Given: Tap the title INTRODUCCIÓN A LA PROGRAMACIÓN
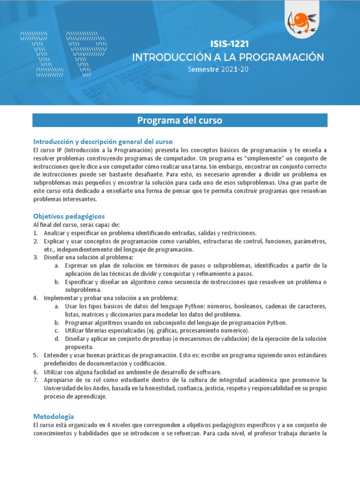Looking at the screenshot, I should [228, 57].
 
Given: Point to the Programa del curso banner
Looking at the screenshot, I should [180, 120].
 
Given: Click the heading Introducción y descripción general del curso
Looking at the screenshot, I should [103, 141].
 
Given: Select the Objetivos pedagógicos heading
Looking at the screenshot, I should [69, 216].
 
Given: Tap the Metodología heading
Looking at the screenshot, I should [53, 416].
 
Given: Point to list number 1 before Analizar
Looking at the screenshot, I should [35, 233].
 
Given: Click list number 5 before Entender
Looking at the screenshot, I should [35, 355].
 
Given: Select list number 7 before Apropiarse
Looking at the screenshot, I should [35, 380].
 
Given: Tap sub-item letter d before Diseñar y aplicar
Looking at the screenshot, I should [56, 339].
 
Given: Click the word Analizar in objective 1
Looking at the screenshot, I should [55, 233].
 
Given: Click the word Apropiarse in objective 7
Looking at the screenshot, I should [59, 380].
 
